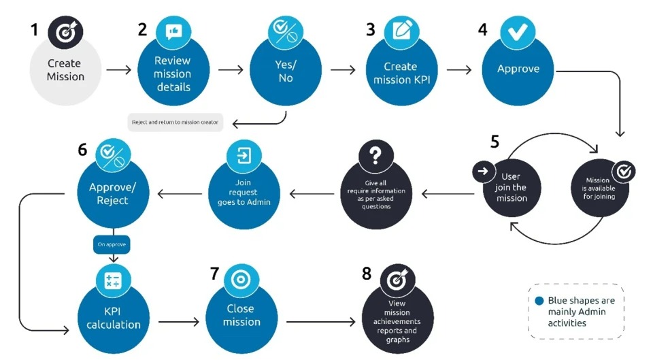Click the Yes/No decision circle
286,71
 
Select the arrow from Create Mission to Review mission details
119,69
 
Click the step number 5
495,142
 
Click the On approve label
112,243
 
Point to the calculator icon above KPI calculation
112,280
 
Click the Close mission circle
242,314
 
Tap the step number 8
367,274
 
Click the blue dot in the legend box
539,299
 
